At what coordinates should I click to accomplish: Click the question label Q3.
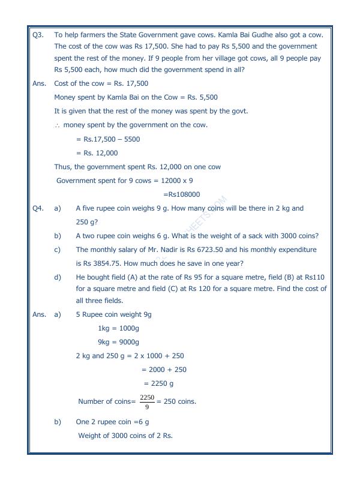coord(38,35)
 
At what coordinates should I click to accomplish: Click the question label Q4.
coord(38,208)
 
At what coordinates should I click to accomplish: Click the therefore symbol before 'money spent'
coord(57,125)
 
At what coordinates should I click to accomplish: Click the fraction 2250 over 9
coord(147,401)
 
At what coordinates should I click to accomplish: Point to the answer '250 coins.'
coord(179,401)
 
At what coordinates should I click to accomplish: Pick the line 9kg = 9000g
coord(118,343)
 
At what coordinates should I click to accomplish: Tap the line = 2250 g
coord(158,383)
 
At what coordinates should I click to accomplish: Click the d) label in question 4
coord(58,277)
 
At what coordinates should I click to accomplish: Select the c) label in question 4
coord(58,250)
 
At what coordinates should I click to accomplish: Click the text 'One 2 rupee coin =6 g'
coord(112,422)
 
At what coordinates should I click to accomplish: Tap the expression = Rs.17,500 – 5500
coord(108,139)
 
